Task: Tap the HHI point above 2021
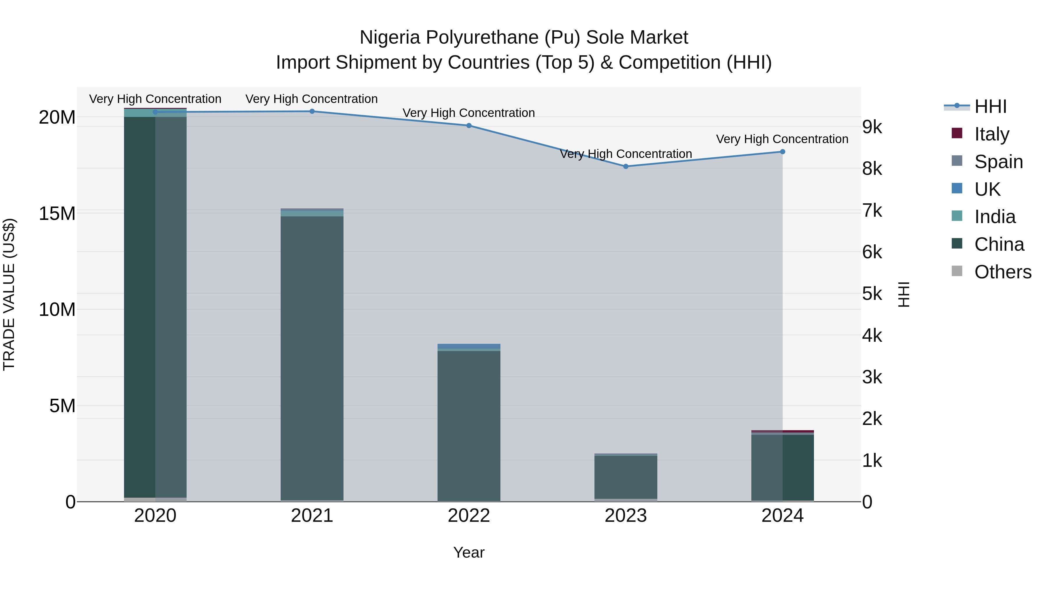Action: tap(312, 111)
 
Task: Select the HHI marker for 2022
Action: tap(469, 126)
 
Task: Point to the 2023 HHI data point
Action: tap(626, 166)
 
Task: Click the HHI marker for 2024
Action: tap(782, 152)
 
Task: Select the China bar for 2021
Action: tap(312, 358)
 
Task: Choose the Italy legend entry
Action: tap(992, 134)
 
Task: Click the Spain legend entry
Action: tap(999, 161)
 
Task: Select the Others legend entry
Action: tap(1002, 272)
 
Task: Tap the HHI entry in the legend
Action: tap(990, 106)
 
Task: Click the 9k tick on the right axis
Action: tap(872, 127)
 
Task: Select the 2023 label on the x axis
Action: tap(626, 516)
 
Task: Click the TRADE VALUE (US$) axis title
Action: tap(9, 294)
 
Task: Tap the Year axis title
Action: tap(469, 552)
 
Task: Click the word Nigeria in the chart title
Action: tap(389, 38)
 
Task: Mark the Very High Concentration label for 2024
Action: tap(782, 139)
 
